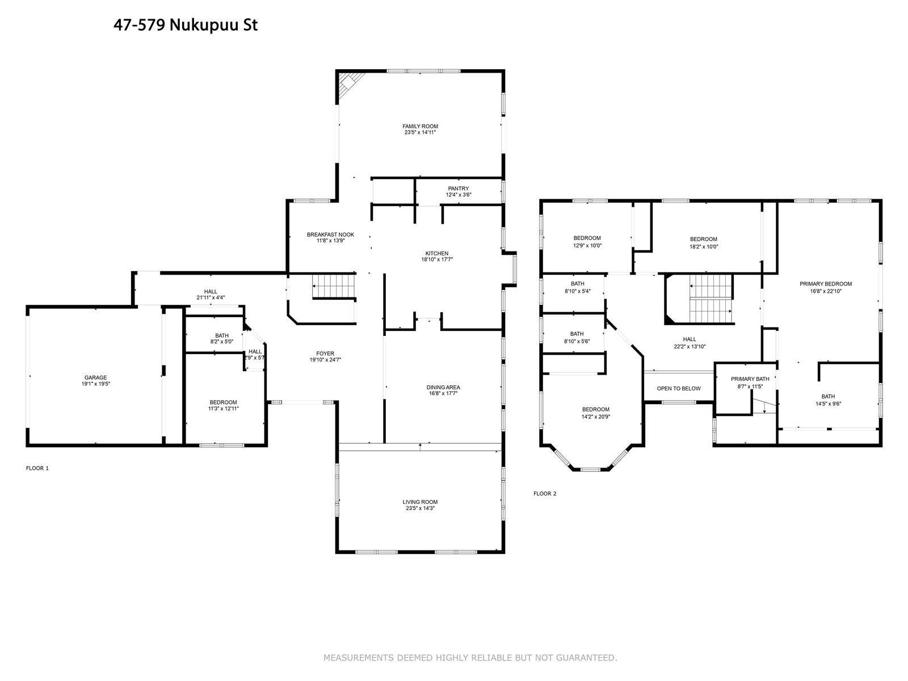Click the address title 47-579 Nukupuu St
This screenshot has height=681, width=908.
point(186,25)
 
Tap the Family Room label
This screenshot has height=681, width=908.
point(420,127)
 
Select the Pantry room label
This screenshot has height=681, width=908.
point(459,188)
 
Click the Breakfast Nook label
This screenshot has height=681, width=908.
point(330,234)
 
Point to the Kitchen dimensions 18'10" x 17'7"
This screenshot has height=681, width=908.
point(437,260)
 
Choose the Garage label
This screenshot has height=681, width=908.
point(95,377)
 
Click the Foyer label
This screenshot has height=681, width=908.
point(325,354)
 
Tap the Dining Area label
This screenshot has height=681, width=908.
point(443,388)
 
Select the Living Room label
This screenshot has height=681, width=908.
point(420,502)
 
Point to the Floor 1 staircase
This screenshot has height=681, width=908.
point(334,285)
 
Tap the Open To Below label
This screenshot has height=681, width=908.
point(678,389)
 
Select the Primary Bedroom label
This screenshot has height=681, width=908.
point(825,284)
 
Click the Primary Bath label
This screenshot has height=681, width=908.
point(750,379)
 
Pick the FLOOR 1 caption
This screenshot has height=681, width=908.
point(37,468)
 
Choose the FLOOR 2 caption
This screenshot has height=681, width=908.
point(545,494)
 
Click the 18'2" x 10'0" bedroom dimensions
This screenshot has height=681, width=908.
point(704,246)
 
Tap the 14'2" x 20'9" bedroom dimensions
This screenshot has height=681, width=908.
point(596,417)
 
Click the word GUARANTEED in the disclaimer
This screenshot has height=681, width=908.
point(586,658)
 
